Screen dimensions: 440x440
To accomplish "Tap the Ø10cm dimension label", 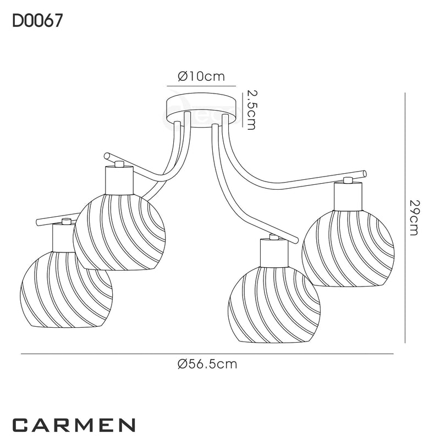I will pyautogui.click(x=201, y=77).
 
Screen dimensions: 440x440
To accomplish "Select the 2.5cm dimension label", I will pyautogui.click(x=251, y=110).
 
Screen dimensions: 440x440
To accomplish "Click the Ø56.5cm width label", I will pyautogui.click(x=208, y=364).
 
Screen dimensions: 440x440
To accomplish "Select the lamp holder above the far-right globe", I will pyautogui.click(x=348, y=196).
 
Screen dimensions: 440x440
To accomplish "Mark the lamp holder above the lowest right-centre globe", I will pyautogui.click(x=273, y=252).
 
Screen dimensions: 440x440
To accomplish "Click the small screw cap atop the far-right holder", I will pyautogui.click(x=348, y=180).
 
